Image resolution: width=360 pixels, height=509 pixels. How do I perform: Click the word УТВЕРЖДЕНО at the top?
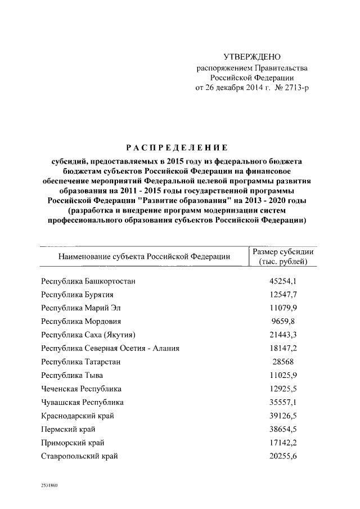click(x=251, y=57)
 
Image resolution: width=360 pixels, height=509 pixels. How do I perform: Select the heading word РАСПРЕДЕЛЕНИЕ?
click(x=177, y=148)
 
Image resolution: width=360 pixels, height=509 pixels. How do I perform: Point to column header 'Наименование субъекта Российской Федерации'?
click(x=143, y=256)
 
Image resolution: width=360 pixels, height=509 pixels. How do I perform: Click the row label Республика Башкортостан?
click(x=88, y=281)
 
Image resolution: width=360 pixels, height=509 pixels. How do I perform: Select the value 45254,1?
click(x=283, y=281)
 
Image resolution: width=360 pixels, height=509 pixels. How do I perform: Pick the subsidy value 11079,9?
click(x=283, y=308)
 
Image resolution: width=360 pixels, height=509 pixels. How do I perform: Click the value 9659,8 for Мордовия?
click(x=283, y=322)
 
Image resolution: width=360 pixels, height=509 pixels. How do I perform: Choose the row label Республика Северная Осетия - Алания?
click(x=110, y=349)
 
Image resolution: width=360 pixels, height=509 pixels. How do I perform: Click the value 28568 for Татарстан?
click(x=283, y=362)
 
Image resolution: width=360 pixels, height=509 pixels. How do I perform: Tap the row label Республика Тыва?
click(x=72, y=375)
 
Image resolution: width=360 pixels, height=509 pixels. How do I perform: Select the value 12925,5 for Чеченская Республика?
click(x=283, y=389)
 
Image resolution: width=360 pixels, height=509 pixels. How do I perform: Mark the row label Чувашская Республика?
click(x=83, y=402)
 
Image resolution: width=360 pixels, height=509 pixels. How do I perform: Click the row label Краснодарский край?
click(x=76, y=416)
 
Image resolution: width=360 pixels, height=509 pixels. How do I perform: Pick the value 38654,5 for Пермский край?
click(x=283, y=429)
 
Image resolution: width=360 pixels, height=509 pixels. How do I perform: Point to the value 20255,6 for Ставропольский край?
click(x=283, y=456)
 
